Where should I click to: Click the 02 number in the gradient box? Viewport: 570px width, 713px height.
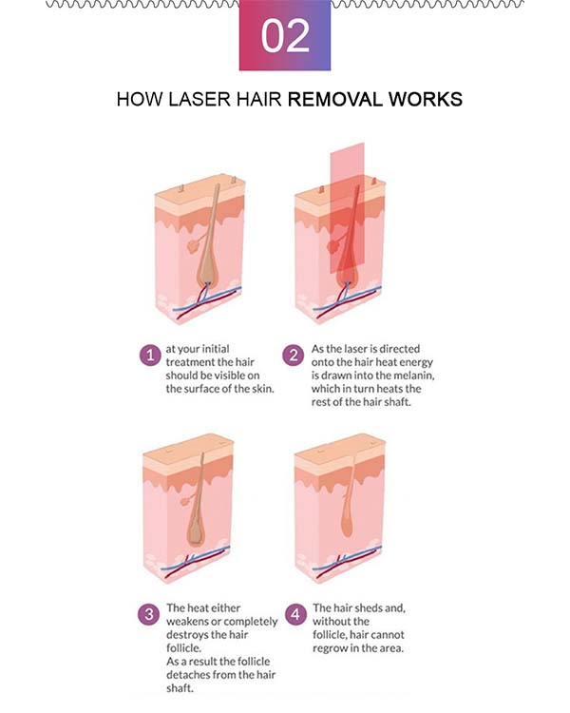(285, 36)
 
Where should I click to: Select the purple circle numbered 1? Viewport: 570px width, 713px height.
(150, 356)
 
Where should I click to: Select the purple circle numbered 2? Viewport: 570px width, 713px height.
(294, 356)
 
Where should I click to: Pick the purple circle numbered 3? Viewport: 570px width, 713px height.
(149, 615)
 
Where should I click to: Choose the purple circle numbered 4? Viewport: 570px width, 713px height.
(295, 614)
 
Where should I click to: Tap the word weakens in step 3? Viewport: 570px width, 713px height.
(187, 622)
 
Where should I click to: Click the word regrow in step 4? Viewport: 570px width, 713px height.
(329, 649)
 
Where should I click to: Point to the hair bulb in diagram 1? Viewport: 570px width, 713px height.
(208, 271)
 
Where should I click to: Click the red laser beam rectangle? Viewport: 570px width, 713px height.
(348, 208)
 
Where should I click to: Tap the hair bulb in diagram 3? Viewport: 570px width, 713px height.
(197, 531)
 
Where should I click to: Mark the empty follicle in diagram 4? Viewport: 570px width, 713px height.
(348, 517)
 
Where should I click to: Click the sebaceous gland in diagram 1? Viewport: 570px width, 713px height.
(194, 245)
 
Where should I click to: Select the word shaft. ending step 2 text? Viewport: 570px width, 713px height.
(398, 402)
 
